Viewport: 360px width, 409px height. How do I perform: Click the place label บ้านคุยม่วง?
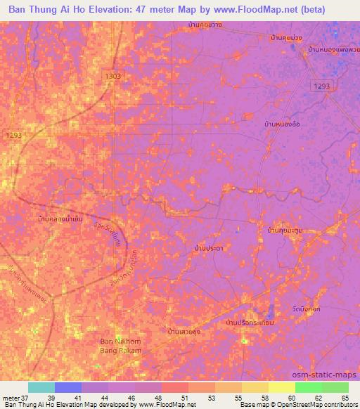(287, 37)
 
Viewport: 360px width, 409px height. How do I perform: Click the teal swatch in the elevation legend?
(41, 387)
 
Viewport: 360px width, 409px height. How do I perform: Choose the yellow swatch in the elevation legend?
(282, 387)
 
